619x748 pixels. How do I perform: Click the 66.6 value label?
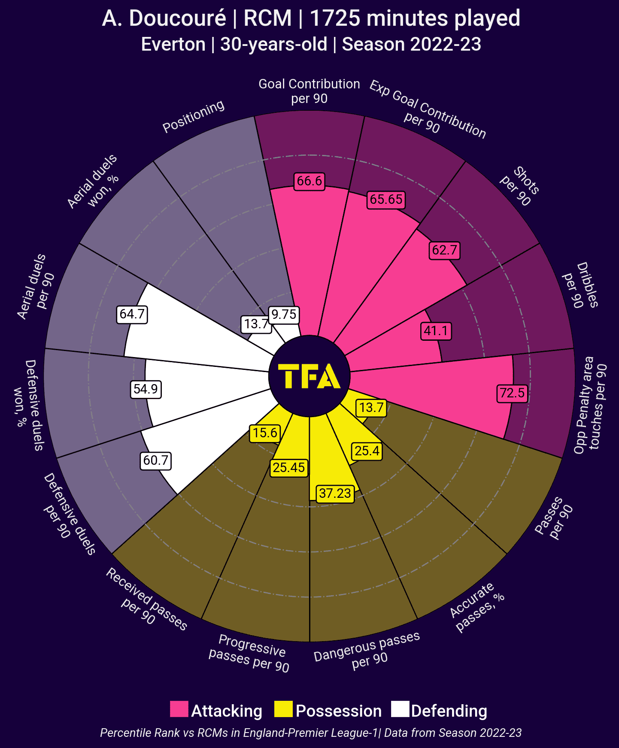coord(309,181)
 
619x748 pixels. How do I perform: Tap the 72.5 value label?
coord(513,393)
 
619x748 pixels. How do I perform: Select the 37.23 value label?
coord(335,493)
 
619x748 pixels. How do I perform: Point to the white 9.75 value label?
coord(284,315)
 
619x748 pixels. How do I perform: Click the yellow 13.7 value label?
coord(371,407)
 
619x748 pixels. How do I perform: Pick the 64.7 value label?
coord(132,314)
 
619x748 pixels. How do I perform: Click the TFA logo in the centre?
coord(309,376)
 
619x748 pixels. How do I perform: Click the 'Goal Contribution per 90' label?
coord(309,91)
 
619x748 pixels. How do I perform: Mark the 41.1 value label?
coord(436,331)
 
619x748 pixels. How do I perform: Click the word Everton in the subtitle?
coord(173,45)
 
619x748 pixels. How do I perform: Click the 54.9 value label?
coord(146,389)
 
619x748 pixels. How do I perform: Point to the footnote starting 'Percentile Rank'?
coord(311,733)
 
